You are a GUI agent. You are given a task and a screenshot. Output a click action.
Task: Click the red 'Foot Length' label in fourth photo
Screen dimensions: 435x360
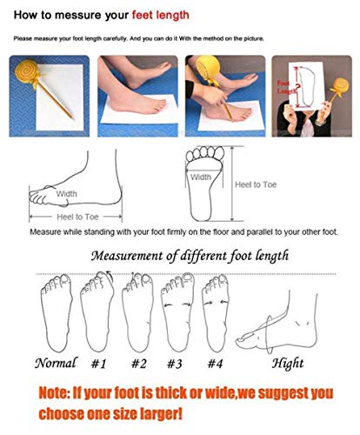[x=284, y=84]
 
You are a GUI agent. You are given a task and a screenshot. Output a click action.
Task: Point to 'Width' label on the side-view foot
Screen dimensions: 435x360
[x=67, y=193]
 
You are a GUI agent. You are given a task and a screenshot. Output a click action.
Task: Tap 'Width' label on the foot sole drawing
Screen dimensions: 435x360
[x=200, y=177]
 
